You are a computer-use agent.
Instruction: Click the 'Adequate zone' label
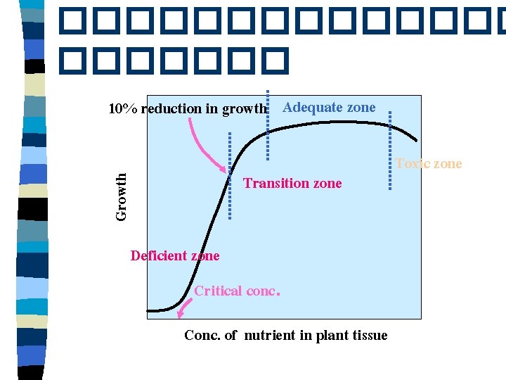coord(329,108)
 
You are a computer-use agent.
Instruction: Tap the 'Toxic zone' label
coord(428,164)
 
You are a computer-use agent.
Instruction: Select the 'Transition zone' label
coord(292,184)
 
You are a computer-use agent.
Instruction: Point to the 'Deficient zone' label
coord(175,256)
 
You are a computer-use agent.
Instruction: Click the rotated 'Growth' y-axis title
coord(122,197)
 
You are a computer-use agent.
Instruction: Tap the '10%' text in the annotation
coord(122,109)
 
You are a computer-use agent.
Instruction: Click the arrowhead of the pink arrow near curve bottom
coord(181,317)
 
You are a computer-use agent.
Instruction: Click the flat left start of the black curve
coord(156,310)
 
